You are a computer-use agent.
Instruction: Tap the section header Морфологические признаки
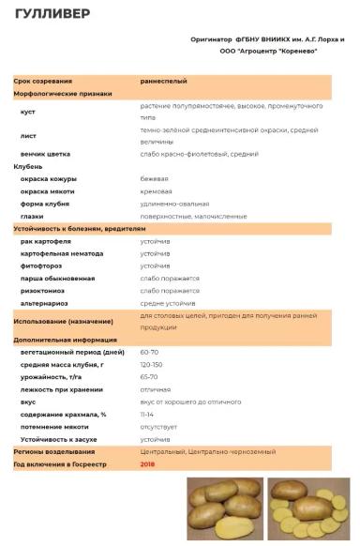pos(63,94)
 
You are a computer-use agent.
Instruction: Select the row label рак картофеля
pos(46,241)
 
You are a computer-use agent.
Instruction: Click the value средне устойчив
pos(168,303)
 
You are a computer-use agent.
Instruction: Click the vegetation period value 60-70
pos(150,351)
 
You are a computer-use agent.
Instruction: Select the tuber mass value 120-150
pos(152,364)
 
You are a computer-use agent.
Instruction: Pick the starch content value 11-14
pos(147,414)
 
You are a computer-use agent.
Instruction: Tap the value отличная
pos(156,388)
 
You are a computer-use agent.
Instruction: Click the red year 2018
pos(148,463)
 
